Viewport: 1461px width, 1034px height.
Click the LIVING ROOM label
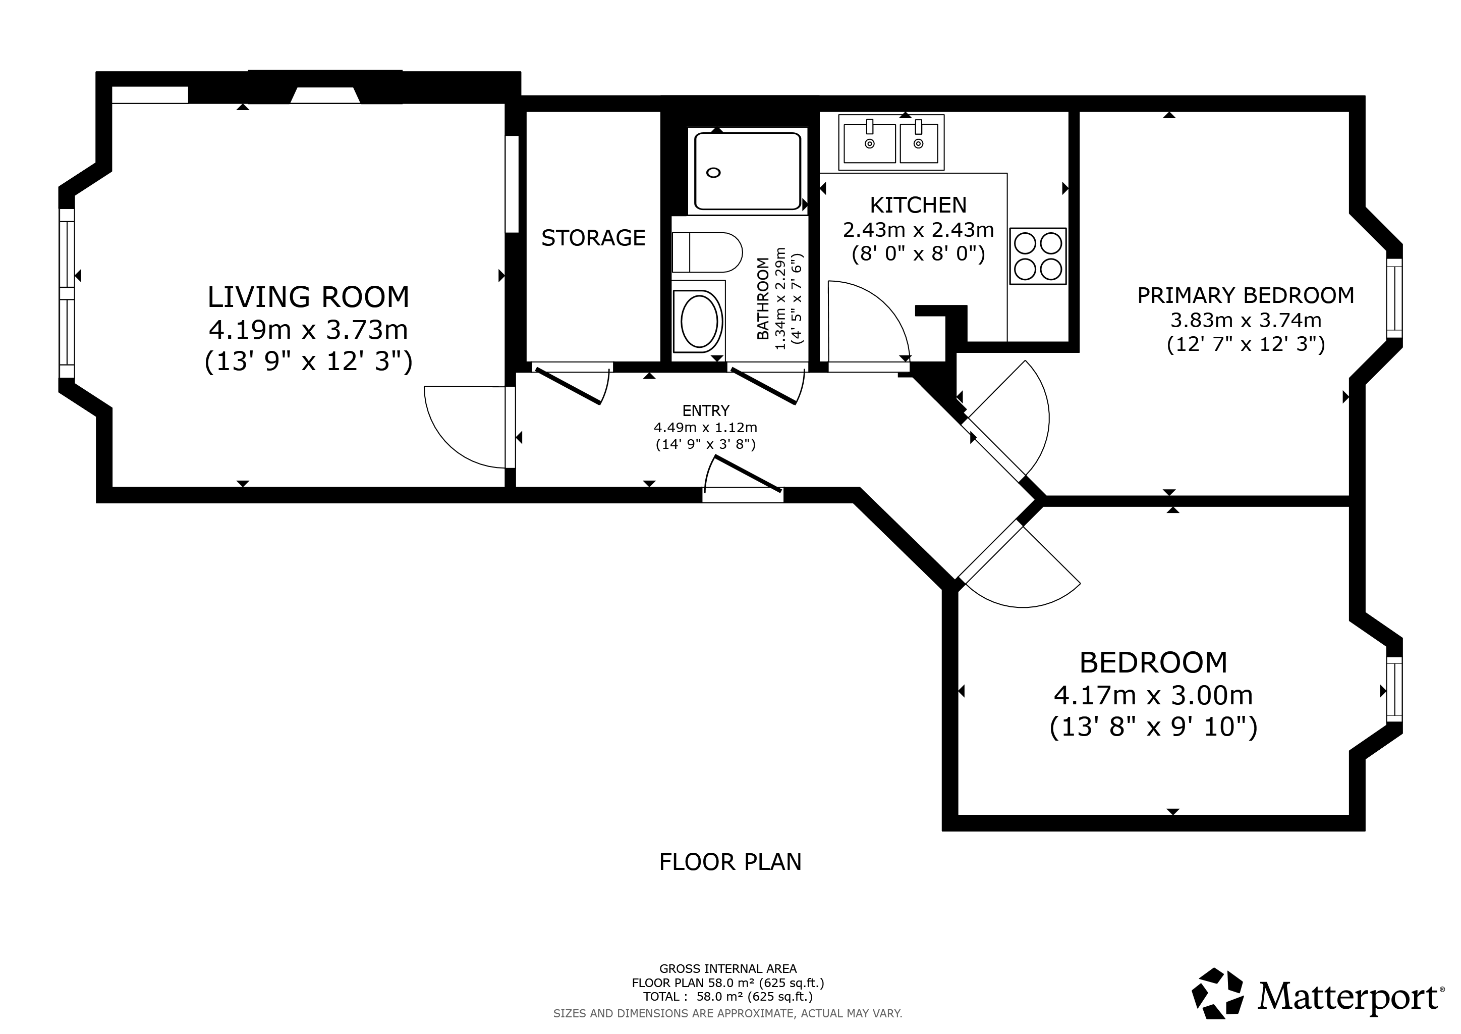(x=309, y=297)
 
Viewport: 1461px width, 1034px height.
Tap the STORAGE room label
(x=593, y=237)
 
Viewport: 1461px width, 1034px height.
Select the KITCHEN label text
(x=918, y=205)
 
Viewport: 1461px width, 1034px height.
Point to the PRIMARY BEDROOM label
(x=1246, y=295)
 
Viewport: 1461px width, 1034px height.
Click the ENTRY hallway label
(x=706, y=410)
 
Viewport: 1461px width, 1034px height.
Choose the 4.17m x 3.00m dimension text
(x=1154, y=695)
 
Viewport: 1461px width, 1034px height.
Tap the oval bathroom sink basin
(x=699, y=321)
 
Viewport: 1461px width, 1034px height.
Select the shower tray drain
(x=714, y=173)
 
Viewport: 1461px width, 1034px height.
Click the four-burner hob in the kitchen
(x=1038, y=256)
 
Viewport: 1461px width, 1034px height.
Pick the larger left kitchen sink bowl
(x=869, y=143)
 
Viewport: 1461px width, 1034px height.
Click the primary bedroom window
(x=1394, y=298)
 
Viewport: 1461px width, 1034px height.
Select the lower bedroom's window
(x=1394, y=690)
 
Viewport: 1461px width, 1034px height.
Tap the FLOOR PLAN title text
(x=730, y=862)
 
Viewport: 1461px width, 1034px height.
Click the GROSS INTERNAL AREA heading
(x=728, y=968)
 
